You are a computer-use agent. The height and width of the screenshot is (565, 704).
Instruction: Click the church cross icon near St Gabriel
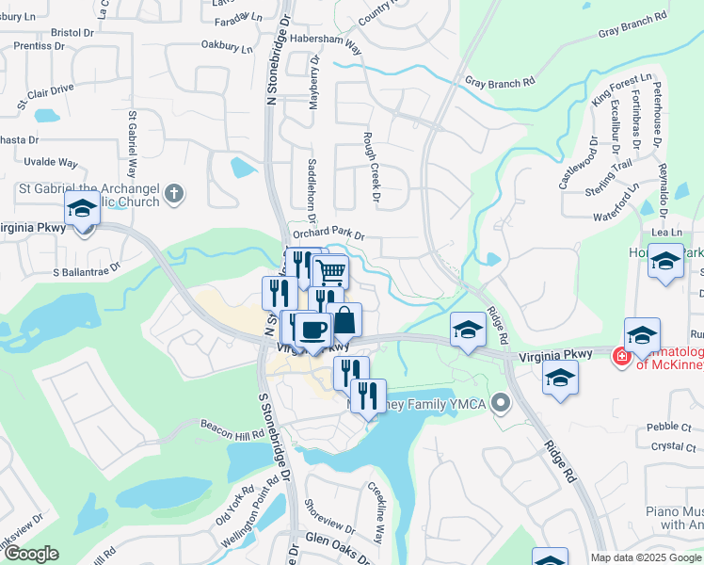[173, 195]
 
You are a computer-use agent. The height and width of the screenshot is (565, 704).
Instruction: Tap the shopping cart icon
[330, 272]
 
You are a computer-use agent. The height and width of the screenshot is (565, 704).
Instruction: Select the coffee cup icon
[312, 330]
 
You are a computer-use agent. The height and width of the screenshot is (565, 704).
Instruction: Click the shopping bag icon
[344, 320]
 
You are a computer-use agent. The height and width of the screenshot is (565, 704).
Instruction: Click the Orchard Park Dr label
[328, 234]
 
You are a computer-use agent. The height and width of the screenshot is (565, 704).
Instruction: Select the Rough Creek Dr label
[372, 167]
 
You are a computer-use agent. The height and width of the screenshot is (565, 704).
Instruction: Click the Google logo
[30, 553]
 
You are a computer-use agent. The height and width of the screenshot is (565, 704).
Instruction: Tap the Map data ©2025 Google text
[646, 557]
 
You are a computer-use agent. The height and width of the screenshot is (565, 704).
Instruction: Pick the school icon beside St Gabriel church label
[82, 208]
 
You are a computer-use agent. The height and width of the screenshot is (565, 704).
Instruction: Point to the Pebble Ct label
[669, 427]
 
